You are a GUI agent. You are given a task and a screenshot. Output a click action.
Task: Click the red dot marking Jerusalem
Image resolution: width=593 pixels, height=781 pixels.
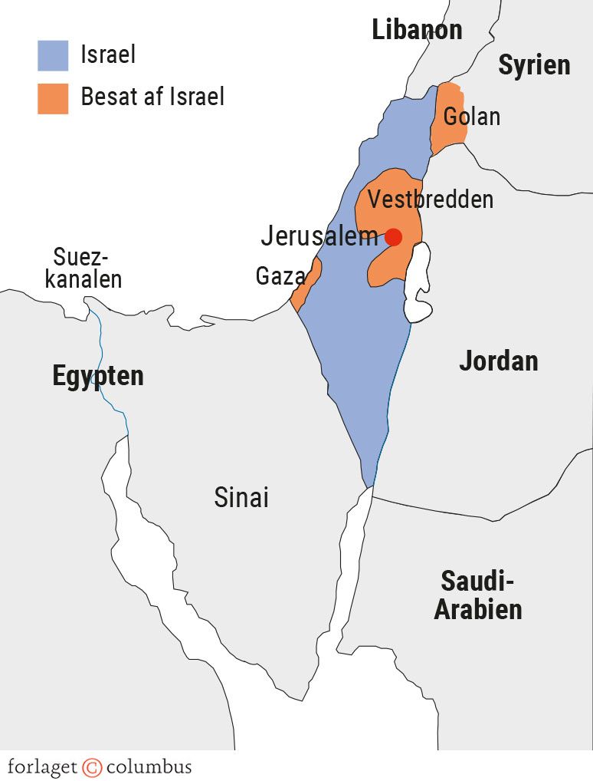click(x=393, y=237)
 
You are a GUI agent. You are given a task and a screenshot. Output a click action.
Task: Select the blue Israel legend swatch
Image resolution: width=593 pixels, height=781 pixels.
click(x=53, y=55)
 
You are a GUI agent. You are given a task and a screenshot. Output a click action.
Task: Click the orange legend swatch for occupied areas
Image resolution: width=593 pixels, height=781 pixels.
click(x=53, y=98)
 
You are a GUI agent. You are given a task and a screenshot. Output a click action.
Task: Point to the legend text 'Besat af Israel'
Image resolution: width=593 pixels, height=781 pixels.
click(x=152, y=97)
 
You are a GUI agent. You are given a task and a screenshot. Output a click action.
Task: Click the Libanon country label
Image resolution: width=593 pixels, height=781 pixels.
click(x=417, y=30)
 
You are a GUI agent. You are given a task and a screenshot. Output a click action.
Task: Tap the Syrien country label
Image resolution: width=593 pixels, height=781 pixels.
click(x=534, y=65)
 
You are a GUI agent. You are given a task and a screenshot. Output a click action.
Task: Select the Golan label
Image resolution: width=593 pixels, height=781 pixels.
click(x=471, y=117)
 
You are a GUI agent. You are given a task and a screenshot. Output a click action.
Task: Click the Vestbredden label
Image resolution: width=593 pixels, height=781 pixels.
click(x=430, y=199)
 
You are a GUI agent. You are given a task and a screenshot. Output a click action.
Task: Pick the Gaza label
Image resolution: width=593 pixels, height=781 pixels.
click(x=280, y=276)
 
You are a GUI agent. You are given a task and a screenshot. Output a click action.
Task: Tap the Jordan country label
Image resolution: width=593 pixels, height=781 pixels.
click(x=498, y=361)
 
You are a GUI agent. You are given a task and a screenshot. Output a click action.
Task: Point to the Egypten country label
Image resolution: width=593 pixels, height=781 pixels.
click(x=98, y=376)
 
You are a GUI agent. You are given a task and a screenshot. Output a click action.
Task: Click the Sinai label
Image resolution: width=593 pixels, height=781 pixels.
click(x=241, y=497)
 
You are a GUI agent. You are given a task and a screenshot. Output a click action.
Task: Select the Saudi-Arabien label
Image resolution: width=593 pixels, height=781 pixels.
click(x=478, y=595)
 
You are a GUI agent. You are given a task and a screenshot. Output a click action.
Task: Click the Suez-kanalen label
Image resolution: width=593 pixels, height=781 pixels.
click(x=84, y=268)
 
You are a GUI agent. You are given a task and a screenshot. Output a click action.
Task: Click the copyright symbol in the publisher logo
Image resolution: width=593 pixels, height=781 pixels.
click(x=92, y=766)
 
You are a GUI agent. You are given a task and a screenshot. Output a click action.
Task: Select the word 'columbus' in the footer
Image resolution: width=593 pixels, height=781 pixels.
click(x=149, y=766)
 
